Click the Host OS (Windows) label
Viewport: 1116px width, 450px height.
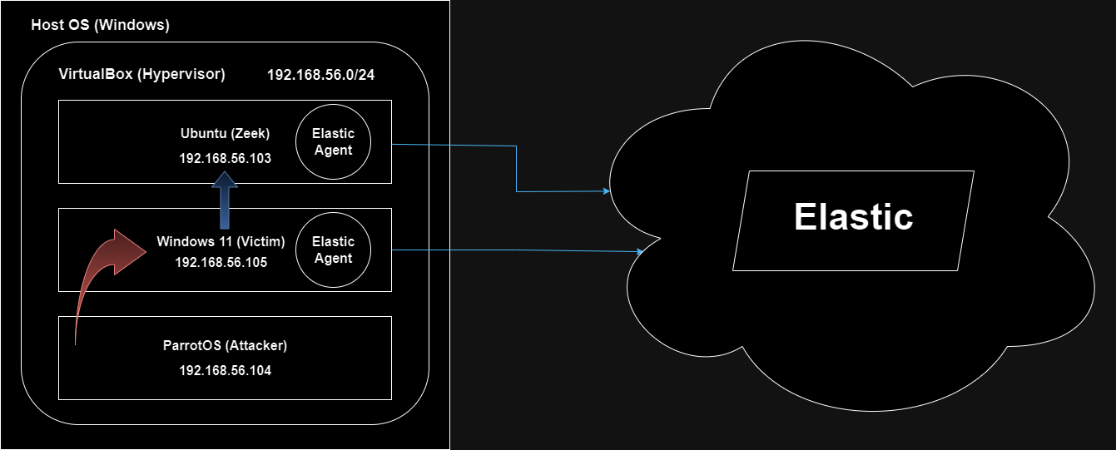(100, 25)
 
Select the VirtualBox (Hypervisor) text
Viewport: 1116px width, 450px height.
(141, 75)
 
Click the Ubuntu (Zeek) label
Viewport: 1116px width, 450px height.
(225, 133)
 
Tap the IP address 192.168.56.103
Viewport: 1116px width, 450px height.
(225, 157)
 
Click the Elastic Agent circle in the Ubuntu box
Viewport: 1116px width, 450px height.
(333, 141)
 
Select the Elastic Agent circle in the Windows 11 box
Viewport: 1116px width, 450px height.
(333, 250)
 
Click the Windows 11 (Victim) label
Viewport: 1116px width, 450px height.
(221, 242)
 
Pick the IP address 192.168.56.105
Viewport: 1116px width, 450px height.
(221, 261)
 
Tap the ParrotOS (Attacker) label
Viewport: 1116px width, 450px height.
(225, 346)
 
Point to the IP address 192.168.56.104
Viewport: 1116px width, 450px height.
(225, 370)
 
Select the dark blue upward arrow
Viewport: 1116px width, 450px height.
(224, 200)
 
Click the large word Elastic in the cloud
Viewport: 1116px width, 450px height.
(853, 217)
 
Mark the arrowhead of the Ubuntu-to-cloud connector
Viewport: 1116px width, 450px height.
(606, 191)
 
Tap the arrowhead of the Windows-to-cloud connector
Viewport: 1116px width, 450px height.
(639, 250)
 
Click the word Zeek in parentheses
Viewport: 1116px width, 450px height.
(252, 133)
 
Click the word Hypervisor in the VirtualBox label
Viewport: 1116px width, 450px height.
(189, 75)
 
